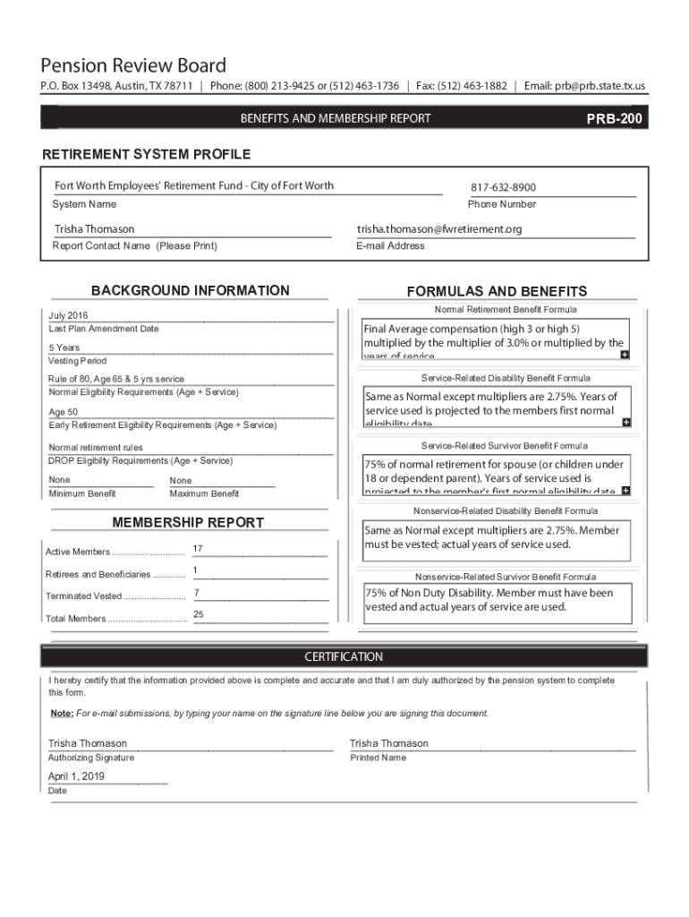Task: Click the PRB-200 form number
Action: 614,118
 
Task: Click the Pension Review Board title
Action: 133,65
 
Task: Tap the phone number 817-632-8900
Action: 504,187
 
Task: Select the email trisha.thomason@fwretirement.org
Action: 439,229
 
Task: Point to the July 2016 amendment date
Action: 68,316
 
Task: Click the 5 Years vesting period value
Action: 64,347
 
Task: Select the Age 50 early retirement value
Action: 63,412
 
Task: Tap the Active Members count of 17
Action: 197,548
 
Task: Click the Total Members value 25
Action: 199,613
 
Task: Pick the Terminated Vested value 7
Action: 196,593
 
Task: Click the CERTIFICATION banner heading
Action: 344,656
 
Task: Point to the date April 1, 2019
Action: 76,776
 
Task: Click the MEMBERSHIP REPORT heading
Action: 188,522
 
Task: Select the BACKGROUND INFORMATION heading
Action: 191,290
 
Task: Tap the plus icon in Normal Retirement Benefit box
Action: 625,355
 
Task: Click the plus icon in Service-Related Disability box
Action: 625,422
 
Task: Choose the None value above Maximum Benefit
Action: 180,481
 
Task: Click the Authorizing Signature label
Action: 90,758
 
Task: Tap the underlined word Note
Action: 62,714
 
